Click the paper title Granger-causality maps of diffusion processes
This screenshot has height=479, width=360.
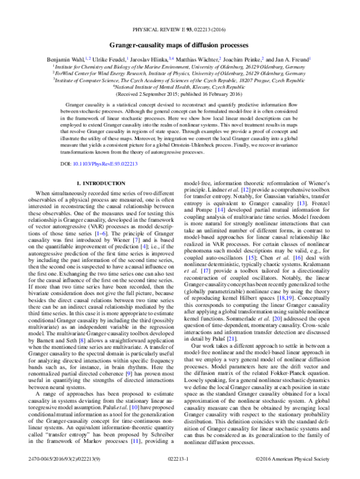click(x=179, y=45)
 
